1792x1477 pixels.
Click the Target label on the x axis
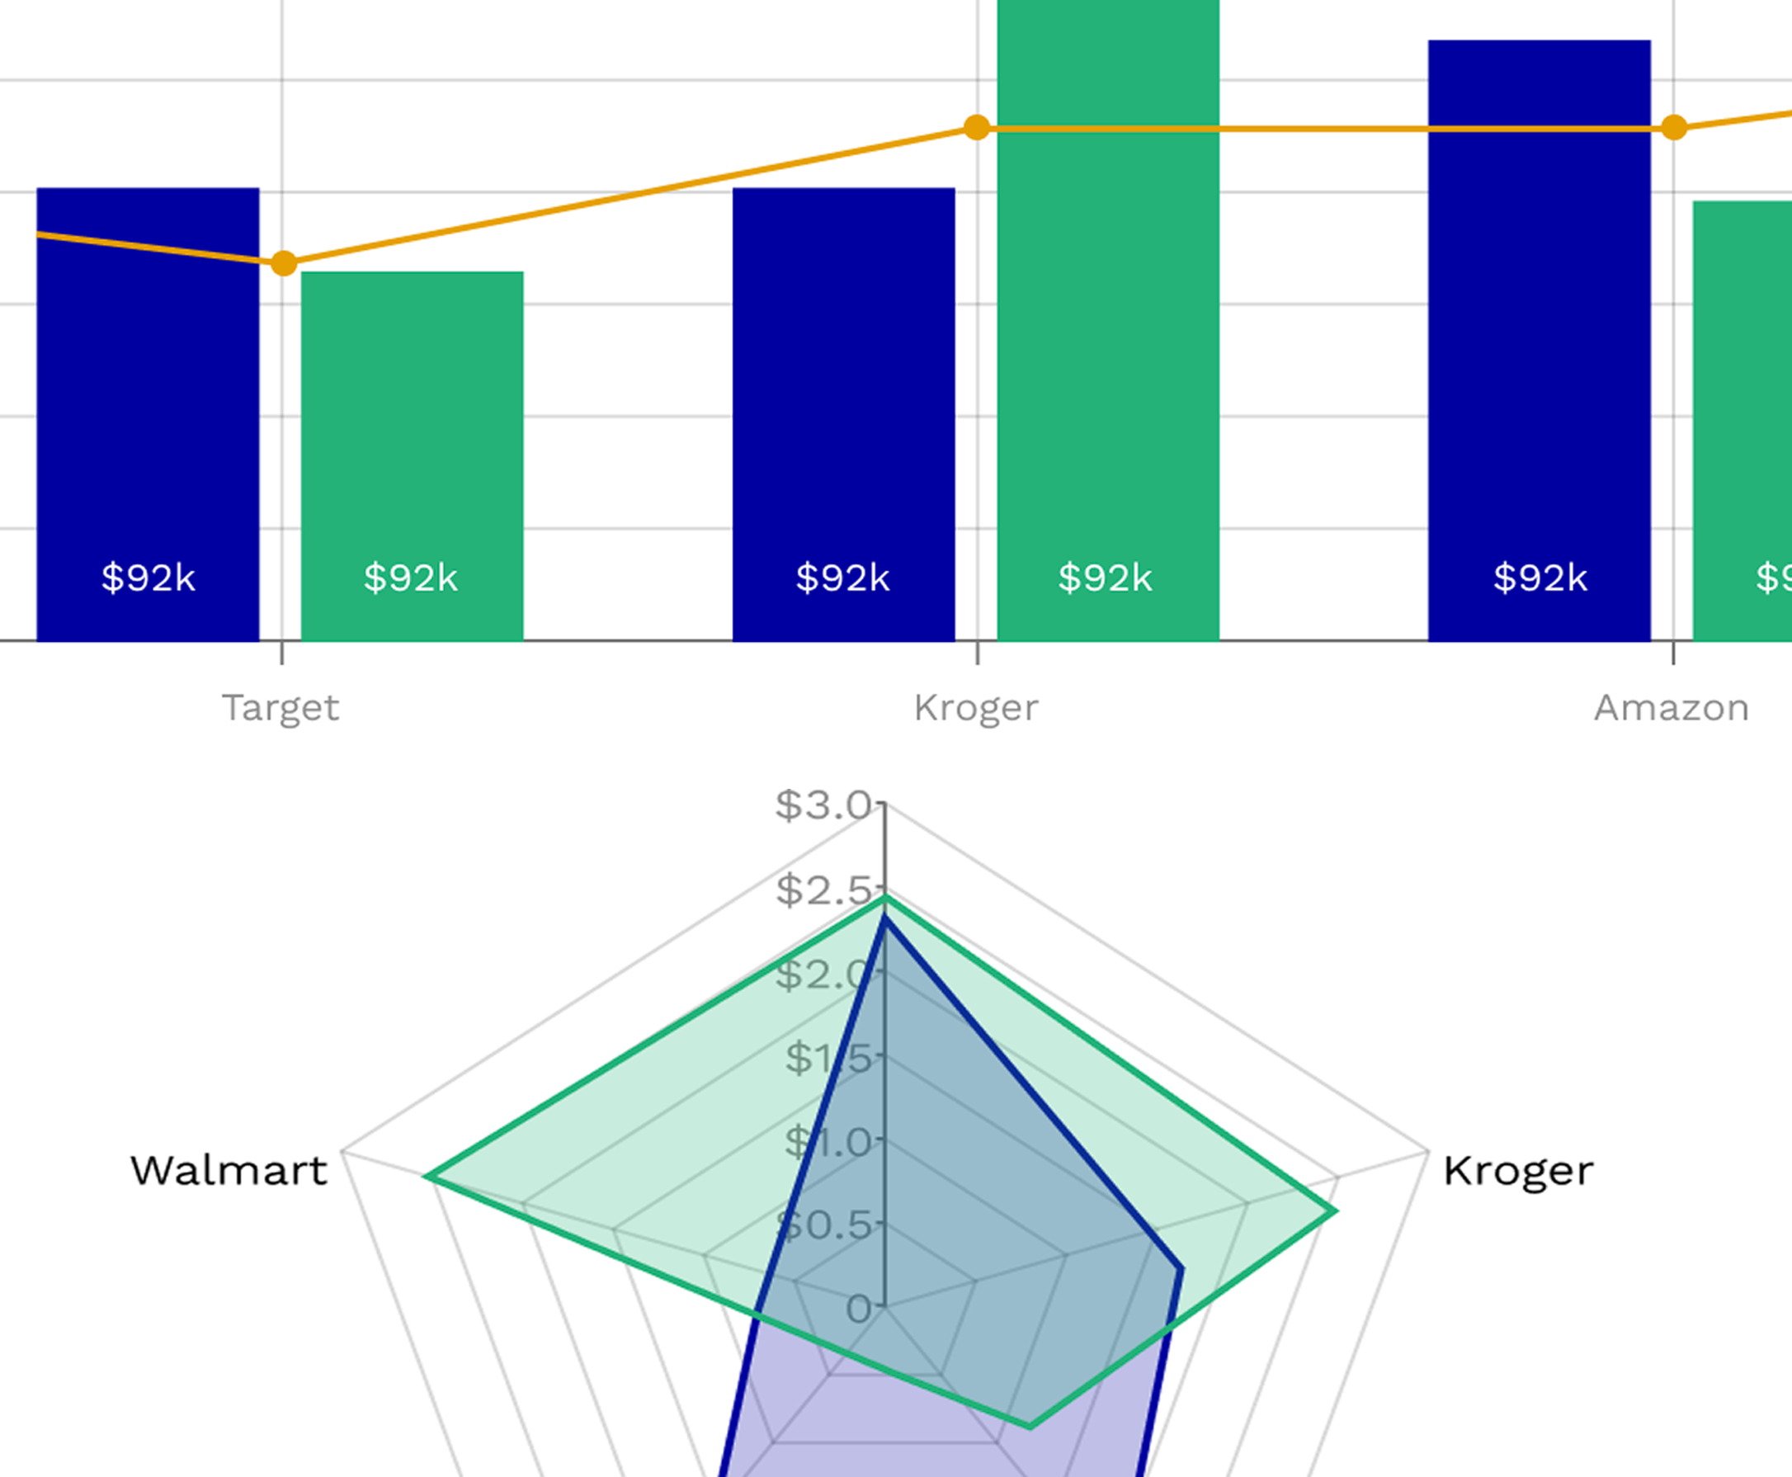pyautogui.click(x=281, y=708)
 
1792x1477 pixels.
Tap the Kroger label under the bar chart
pyautogui.click(x=975, y=708)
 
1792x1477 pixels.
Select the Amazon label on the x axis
pyautogui.click(x=1671, y=708)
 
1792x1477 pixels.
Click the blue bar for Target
pyautogui.click(x=147, y=408)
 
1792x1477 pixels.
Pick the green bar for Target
pyautogui.click(x=412, y=451)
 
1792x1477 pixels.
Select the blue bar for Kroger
pyautogui.click(x=843, y=408)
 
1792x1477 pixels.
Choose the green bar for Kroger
pyautogui.click(x=1107, y=340)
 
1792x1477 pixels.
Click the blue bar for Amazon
pyautogui.click(x=1539, y=340)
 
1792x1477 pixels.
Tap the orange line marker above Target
pyautogui.click(x=284, y=264)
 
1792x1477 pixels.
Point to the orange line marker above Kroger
pyautogui.click(x=977, y=129)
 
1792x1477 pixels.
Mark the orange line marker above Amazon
pyautogui.click(x=1673, y=129)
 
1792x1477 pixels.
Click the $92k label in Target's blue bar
pyautogui.click(x=148, y=578)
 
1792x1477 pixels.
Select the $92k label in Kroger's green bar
pyautogui.click(x=1105, y=578)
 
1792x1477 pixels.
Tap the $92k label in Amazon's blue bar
pyautogui.click(x=1540, y=578)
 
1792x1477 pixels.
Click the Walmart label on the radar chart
pyautogui.click(x=229, y=1172)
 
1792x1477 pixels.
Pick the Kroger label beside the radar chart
pyautogui.click(x=1517, y=1172)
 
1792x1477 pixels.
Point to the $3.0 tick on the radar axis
pyautogui.click(x=823, y=805)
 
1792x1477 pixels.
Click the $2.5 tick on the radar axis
pyautogui.click(x=823, y=890)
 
